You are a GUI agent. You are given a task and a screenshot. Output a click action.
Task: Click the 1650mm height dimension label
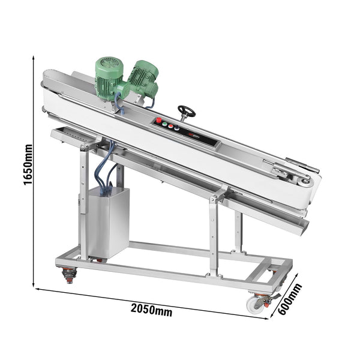(x=28, y=164)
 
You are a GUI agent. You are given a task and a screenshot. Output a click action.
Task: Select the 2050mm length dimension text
(x=151, y=310)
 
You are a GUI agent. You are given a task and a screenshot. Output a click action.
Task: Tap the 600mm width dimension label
(x=290, y=299)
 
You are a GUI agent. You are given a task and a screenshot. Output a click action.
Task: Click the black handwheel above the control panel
(x=187, y=112)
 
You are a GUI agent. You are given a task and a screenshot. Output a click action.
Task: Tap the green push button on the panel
(x=164, y=124)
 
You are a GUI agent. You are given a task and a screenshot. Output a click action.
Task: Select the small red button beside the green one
(x=170, y=126)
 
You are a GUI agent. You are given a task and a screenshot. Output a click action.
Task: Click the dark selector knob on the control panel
(x=176, y=128)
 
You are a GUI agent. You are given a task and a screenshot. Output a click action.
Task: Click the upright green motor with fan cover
(x=110, y=78)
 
